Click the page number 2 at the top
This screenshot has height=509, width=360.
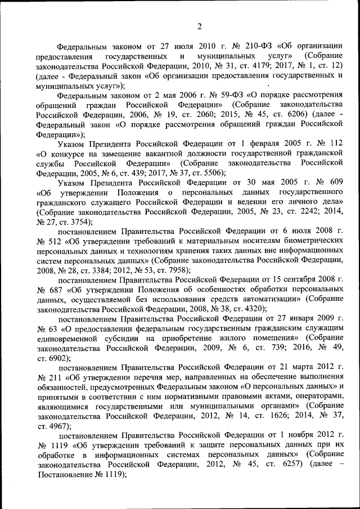183,26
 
